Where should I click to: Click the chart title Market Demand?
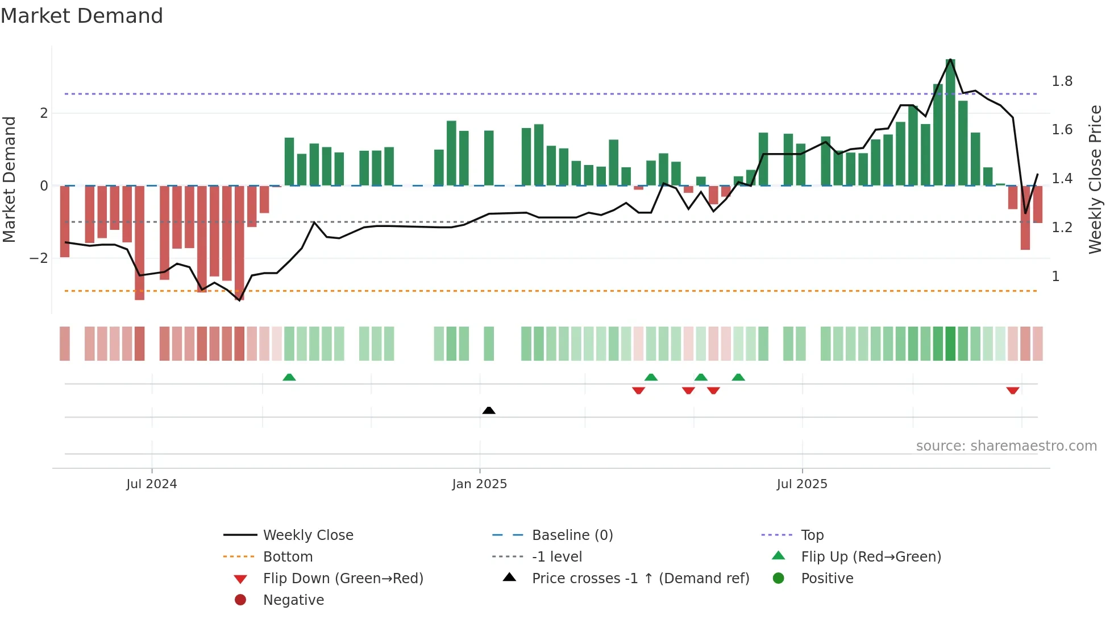(x=82, y=16)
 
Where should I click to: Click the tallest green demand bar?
(x=950, y=122)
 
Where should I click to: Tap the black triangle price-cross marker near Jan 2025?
(x=489, y=410)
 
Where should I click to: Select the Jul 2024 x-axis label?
(x=152, y=484)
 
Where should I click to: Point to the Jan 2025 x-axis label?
(x=479, y=484)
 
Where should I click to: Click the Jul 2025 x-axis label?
(x=802, y=484)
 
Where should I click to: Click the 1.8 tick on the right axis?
(x=1062, y=81)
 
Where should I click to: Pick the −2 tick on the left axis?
(x=39, y=258)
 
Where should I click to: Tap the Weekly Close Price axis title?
(x=1095, y=179)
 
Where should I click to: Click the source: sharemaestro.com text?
(x=1006, y=446)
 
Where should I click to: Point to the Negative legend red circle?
(x=240, y=600)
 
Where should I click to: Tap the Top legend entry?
(x=812, y=535)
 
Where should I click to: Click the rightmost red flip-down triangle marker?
(x=1012, y=390)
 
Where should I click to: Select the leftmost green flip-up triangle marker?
(x=289, y=377)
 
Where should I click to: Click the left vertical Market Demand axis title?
(x=10, y=179)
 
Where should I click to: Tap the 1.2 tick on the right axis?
(x=1062, y=228)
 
